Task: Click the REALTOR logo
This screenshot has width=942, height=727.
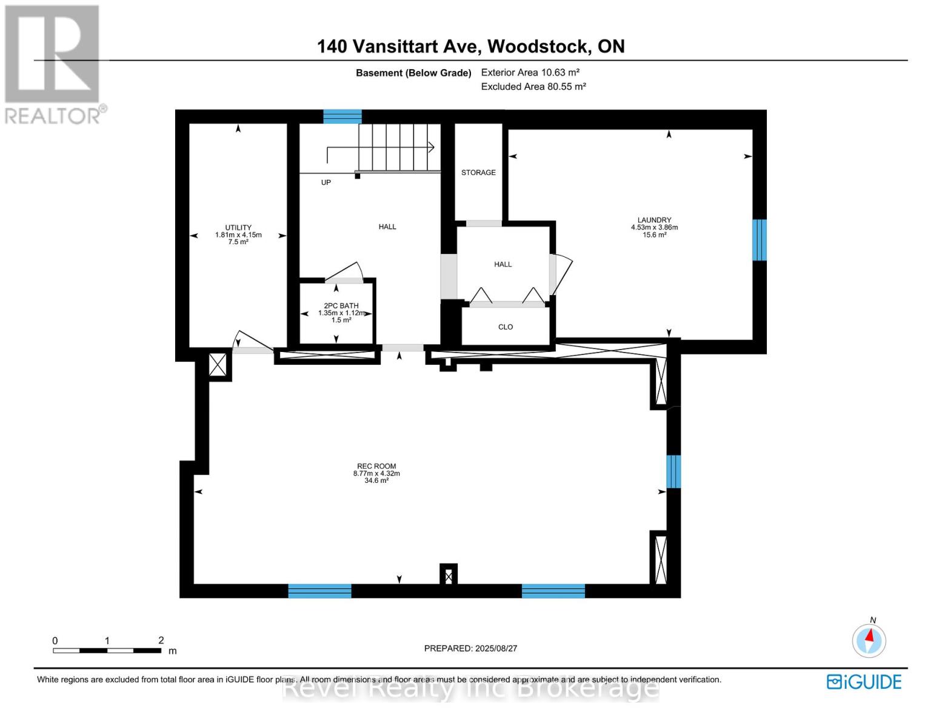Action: click(53, 64)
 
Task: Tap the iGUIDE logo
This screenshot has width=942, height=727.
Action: click(864, 682)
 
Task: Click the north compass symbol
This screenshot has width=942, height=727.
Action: click(869, 640)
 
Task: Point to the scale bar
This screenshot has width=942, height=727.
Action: click(107, 650)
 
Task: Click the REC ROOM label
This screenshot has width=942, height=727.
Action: click(376, 473)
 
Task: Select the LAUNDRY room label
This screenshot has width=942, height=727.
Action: click(654, 227)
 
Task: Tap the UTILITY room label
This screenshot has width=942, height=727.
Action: click(238, 234)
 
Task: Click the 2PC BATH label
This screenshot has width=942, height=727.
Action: click(341, 313)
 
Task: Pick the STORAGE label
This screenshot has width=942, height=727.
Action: click(478, 173)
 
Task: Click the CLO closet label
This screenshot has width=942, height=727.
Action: click(506, 327)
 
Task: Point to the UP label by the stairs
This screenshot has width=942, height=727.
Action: click(326, 182)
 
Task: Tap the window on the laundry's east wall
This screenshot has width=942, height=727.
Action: click(759, 240)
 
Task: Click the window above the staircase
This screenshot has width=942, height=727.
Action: click(342, 116)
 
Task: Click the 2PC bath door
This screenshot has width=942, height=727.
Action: click(345, 273)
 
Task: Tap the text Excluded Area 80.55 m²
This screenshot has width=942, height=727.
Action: click(533, 87)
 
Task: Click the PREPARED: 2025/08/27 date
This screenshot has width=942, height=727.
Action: click(470, 648)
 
